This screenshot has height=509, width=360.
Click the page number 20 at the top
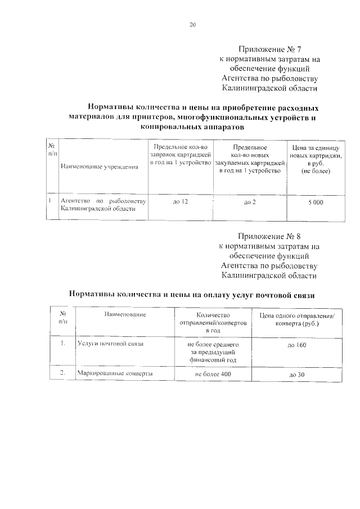tap(192, 25)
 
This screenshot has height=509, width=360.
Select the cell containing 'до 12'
tap(180, 201)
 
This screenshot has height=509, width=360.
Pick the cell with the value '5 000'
tap(316, 202)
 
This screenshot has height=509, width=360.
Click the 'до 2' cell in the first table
tap(249, 202)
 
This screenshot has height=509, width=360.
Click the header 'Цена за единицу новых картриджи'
tap(316, 158)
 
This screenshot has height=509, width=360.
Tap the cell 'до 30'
tap(297, 375)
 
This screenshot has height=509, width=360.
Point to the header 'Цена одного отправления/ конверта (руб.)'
tap(297, 319)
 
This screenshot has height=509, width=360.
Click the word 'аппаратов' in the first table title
tap(225, 128)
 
